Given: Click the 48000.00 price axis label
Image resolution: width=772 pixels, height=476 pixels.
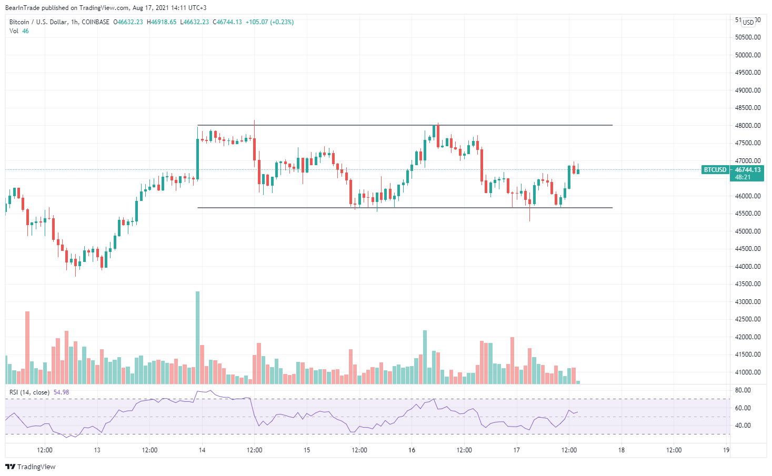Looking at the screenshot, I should click(747, 125).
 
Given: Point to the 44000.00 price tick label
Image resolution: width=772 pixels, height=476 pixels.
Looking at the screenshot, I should click(747, 267).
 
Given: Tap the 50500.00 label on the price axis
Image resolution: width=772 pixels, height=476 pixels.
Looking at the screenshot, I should click(747, 37).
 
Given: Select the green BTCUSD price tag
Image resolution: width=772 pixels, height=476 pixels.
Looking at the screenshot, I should click(715, 170).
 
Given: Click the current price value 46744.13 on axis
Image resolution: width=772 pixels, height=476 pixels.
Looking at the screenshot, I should click(747, 170).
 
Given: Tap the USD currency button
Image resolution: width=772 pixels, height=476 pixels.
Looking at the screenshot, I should click(748, 23).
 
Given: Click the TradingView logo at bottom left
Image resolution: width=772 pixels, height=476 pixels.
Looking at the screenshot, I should click(30, 467).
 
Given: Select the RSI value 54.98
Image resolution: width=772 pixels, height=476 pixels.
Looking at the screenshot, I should click(61, 392).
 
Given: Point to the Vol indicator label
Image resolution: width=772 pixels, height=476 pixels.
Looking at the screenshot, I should click(14, 31).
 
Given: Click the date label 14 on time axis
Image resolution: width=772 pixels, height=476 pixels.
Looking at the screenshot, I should click(202, 450).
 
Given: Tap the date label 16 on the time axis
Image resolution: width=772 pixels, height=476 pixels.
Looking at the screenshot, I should click(412, 450).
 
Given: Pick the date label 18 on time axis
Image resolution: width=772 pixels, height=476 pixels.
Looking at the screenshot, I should click(621, 450).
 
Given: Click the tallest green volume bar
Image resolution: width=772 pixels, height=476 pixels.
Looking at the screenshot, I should click(198, 337).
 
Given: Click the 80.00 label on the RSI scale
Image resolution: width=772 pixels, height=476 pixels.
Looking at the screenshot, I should click(743, 390).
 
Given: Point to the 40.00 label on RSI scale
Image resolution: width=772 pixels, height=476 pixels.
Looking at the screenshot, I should click(743, 426).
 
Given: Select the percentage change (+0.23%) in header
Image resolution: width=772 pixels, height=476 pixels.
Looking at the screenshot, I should click(282, 22).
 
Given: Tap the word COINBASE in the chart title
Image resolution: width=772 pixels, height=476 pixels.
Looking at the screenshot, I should click(96, 22).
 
